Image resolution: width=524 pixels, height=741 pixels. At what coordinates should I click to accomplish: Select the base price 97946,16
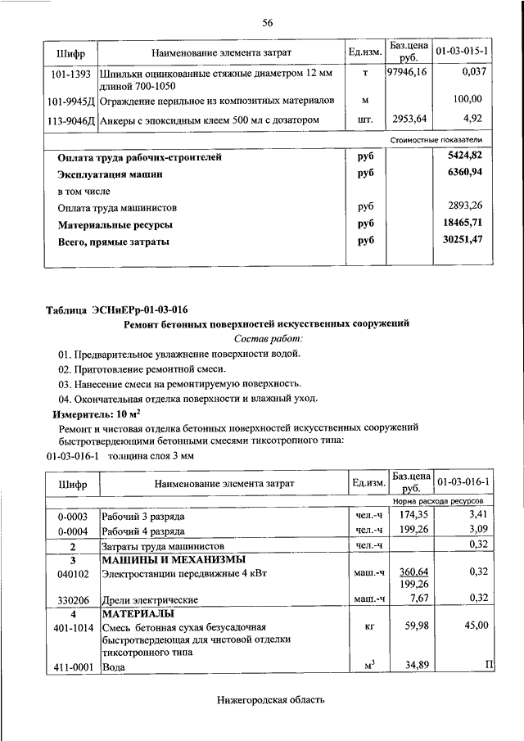pos(408,73)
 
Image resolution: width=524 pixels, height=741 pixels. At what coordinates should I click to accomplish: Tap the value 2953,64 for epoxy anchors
pos(408,120)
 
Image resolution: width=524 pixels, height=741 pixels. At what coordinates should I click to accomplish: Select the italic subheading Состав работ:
pos(268,338)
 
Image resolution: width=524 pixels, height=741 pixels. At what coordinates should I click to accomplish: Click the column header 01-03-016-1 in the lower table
pos(463,482)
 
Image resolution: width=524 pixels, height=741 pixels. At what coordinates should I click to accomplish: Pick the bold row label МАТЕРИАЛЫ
pos(136,612)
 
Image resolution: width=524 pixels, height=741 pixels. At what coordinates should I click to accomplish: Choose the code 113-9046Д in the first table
pos(70,120)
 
